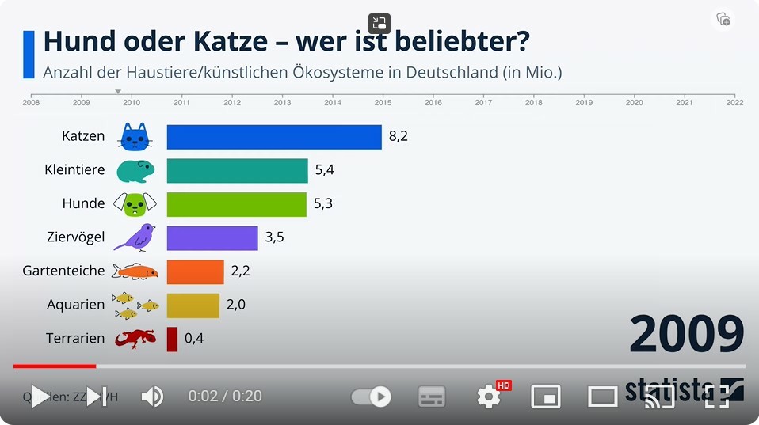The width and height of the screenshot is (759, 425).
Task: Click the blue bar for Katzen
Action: (274, 136)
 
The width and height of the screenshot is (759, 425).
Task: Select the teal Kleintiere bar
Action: (237, 170)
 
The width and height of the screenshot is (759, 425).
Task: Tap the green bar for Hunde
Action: (236, 204)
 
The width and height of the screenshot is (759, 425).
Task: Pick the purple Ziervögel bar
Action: (212, 237)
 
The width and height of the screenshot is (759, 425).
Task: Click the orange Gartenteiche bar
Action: (195, 271)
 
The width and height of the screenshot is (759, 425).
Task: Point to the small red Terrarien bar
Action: (172, 339)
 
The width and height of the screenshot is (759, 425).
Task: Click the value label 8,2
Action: (398, 136)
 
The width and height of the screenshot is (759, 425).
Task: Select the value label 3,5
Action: (274, 237)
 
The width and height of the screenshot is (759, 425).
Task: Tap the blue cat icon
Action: (135, 137)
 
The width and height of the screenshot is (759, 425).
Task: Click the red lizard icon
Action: (135, 339)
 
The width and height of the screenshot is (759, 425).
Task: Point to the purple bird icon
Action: (135, 237)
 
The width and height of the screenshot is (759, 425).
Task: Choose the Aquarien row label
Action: (75, 305)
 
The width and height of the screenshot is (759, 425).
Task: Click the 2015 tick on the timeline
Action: (383, 101)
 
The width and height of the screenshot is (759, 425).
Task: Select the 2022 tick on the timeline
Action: (734, 101)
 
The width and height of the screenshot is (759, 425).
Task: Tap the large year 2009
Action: (686, 335)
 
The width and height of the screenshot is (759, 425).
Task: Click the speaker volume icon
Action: (151, 397)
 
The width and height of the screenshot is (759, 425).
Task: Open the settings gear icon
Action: (488, 397)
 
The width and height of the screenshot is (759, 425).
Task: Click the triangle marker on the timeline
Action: (118, 91)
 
